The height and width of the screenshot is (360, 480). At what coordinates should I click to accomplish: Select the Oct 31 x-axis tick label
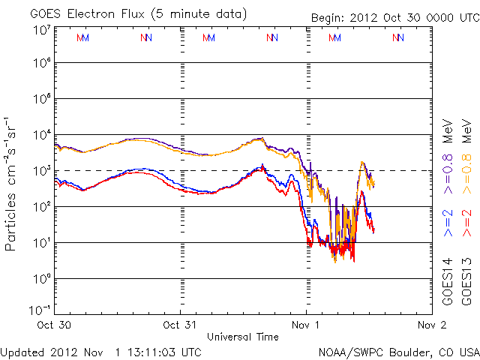click(181, 325)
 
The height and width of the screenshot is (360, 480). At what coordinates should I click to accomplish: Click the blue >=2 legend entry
click(448, 223)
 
